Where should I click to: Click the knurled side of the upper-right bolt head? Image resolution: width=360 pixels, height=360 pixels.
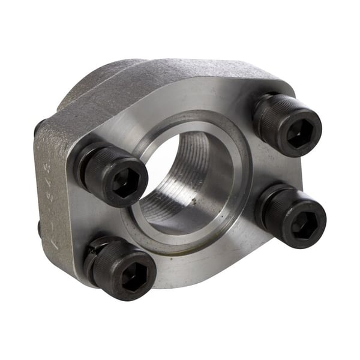[x=268, y=118]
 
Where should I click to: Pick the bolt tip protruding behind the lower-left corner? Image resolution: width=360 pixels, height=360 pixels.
[x=39, y=227]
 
